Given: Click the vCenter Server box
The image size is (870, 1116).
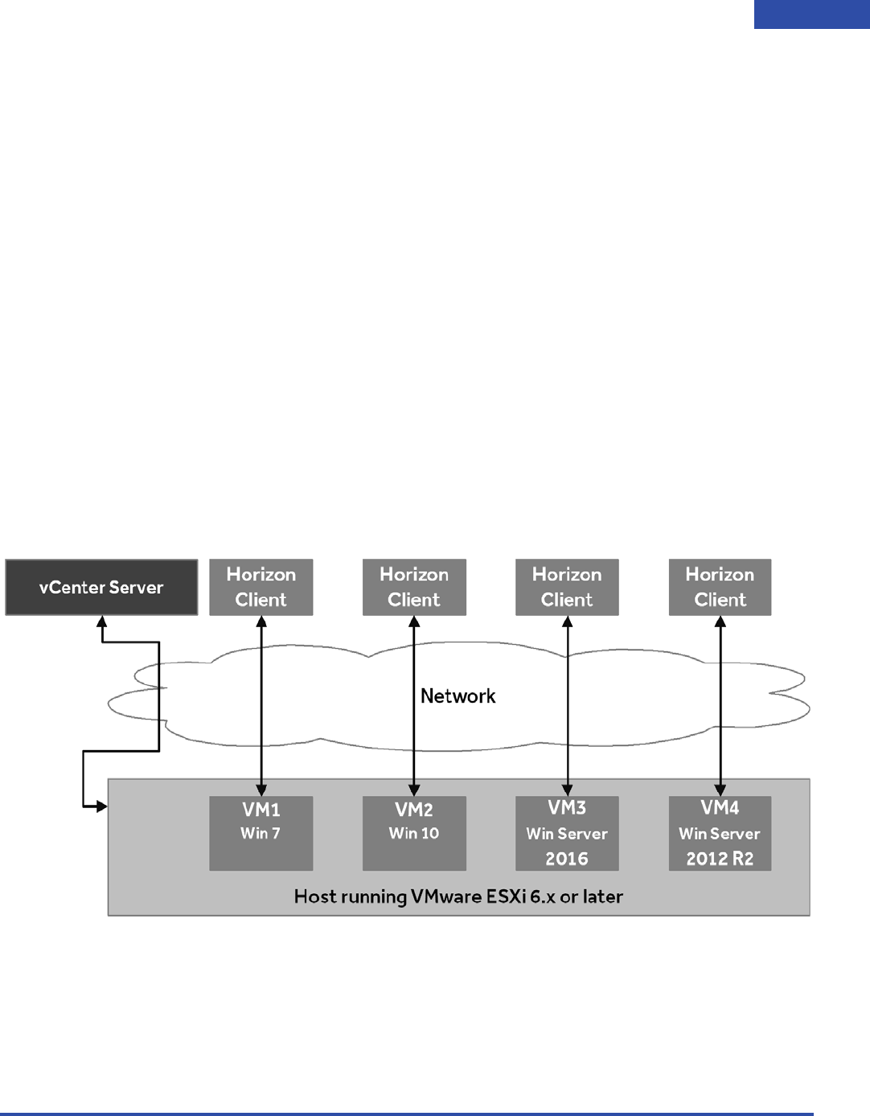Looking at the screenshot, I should tap(101, 588).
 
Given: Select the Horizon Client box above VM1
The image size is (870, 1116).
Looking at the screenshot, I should tap(261, 588).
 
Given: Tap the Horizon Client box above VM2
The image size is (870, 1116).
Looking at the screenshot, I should tap(414, 588).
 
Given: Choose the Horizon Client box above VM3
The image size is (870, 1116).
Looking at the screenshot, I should tap(567, 588).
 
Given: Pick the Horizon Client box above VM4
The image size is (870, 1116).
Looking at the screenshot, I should tap(720, 588).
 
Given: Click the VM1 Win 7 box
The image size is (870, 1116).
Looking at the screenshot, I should tap(261, 834).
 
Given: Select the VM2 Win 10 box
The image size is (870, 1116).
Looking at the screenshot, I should tap(414, 834).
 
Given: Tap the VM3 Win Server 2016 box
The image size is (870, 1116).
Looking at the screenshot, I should tap(567, 834).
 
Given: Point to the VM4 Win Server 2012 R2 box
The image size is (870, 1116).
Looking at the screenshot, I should tap(720, 834).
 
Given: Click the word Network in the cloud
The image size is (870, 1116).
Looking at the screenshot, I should tap(458, 696).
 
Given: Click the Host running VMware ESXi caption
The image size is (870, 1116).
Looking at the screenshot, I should tap(458, 896).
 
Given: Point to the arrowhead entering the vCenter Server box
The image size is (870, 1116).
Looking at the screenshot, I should tap(102, 622).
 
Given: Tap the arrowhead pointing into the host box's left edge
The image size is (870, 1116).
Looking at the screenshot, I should tap(102, 806).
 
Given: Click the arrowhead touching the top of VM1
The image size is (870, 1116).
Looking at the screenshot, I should tap(261, 790).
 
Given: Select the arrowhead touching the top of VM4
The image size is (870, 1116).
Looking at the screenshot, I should tap(720, 790).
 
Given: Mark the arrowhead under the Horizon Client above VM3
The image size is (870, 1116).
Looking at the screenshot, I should tap(568, 622).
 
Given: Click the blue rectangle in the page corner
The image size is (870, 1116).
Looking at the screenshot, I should tap(811, 14).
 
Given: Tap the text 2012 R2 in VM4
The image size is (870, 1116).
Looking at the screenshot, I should tap(720, 859).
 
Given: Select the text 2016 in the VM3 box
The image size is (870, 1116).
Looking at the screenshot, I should tap(567, 859).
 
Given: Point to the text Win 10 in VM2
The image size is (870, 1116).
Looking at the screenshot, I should tap(414, 834).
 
